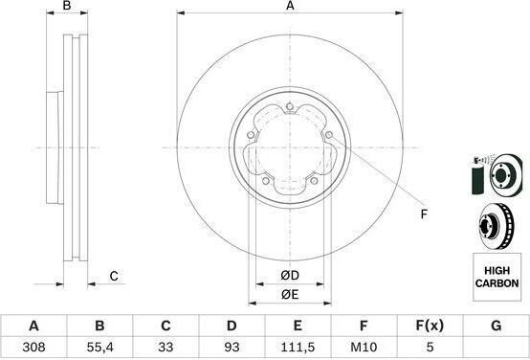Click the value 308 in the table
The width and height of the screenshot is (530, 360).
(x=33, y=347)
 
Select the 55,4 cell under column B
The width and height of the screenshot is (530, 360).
(x=99, y=347)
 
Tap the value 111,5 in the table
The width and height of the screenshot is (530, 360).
(x=298, y=347)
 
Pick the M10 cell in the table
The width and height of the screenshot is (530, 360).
(x=364, y=347)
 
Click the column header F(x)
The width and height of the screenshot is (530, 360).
(x=430, y=326)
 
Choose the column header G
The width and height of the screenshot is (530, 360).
(x=496, y=326)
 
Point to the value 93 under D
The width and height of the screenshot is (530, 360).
(x=232, y=347)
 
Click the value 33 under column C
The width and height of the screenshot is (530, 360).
(x=166, y=347)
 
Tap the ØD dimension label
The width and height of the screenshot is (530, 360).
(x=290, y=276)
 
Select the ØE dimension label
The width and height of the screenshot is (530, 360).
(x=290, y=294)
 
